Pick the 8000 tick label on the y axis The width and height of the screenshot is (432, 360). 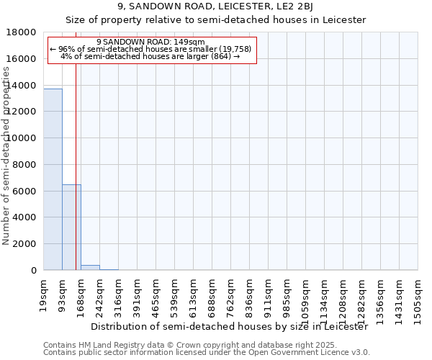pos(25,164)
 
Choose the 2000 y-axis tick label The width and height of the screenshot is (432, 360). pos(25,244)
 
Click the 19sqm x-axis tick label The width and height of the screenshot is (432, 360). pos(42,292)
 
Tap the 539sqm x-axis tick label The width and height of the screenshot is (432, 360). pos(174,295)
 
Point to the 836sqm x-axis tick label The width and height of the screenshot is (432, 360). pos(248,295)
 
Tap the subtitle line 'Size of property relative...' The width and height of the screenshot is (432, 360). pos(216,20)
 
